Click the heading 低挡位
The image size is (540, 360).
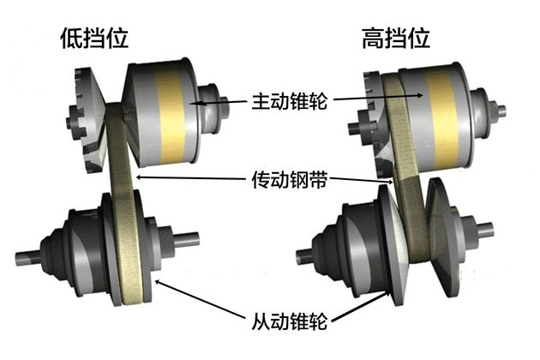pyautogui.click(x=94, y=38)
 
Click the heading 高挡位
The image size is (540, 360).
pyautogui.click(x=396, y=38)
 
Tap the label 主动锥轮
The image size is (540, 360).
pyautogui.click(x=290, y=101)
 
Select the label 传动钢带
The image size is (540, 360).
pyautogui.click(x=290, y=179)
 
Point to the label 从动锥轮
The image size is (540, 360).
pyautogui.click(x=290, y=321)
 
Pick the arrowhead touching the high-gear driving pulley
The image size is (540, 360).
pyautogui.click(x=418, y=95)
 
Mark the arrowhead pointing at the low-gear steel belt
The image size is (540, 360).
pyautogui.click(x=140, y=177)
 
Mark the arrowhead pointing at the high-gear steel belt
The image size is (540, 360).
pyautogui.click(x=389, y=182)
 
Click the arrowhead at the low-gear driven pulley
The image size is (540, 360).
pyautogui.click(x=158, y=283)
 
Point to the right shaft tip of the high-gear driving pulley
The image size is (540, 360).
pyautogui.click(x=501, y=109)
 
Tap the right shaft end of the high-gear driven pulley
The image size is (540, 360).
pyautogui.click(x=486, y=230)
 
